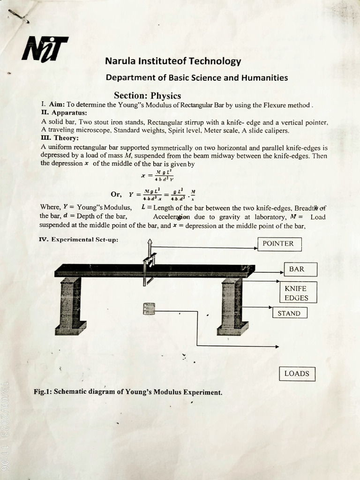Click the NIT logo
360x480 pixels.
pyautogui.click(x=44, y=48)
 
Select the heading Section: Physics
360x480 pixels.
pyautogui.click(x=147, y=96)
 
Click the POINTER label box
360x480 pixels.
pyautogui.click(x=278, y=244)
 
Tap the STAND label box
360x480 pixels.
pyautogui.click(x=289, y=313)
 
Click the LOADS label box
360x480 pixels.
pyautogui.click(x=297, y=374)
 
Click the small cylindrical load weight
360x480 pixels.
pyautogui.click(x=149, y=308)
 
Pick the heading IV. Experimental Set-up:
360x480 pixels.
pyautogui.click(x=78, y=240)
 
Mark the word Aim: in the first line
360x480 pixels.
pyautogui.click(x=56, y=105)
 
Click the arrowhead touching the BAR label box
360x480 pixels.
pyautogui.click(x=281, y=270)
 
